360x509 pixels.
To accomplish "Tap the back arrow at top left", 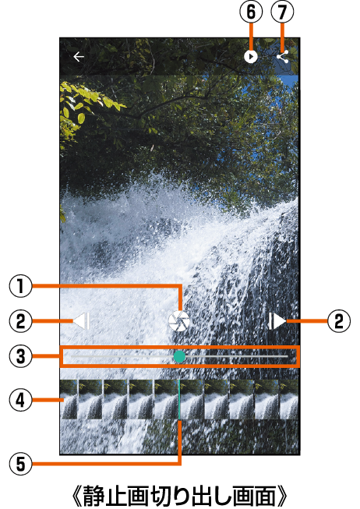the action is pos(79,57).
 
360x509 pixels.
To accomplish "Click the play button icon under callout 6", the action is pos(251,57).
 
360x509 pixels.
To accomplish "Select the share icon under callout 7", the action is pos(283,56).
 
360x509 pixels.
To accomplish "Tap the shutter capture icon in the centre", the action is pos(179,321).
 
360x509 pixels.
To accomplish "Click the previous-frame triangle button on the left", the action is pos(81,321).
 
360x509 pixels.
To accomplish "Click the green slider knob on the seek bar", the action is pos(179,356).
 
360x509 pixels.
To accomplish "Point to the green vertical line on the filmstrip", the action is pos(179,399).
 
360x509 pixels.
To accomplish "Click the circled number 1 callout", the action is pos(21,286).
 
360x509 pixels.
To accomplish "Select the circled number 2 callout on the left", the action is pos(21,321).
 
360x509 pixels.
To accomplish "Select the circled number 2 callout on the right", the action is pos(339,321).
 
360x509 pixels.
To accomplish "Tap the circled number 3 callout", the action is pos(21,356).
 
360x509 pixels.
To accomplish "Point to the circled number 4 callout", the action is pos(21,400).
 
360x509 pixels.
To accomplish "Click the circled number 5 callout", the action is pos(21,464).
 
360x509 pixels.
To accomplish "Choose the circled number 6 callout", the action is pos(251,12).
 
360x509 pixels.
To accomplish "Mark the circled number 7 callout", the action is pos(282,12).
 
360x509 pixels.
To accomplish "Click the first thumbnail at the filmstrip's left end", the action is pos(69,399).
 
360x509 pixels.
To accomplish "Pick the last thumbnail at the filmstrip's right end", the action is pos(289,399).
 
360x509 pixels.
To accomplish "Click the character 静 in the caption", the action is pos(94,497).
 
